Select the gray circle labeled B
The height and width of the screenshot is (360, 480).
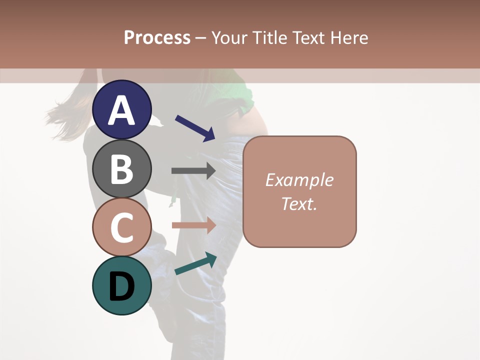pyautogui.click(x=122, y=168)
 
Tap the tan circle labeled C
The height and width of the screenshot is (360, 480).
pyautogui.click(x=122, y=227)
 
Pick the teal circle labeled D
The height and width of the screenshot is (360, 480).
pyautogui.click(x=122, y=285)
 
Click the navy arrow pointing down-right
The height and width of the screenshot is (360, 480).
pyautogui.click(x=195, y=128)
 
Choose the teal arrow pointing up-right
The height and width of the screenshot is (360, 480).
pyautogui.click(x=195, y=263)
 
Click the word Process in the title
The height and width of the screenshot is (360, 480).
pyautogui.click(x=157, y=37)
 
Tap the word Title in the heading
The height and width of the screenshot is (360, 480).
pyautogui.click(x=270, y=37)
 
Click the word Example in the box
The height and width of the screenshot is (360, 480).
pyautogui.click(x=299, y=180)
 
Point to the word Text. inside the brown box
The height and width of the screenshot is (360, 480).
pyautogui.click(x=299, y=203)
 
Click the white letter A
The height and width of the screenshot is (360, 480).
pyautogui.click(x=122, y=110)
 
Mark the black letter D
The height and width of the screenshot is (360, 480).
pyautogui.click(x=122, y=287)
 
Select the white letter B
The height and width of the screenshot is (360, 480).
pyautogui.click(x=122, y=169)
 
